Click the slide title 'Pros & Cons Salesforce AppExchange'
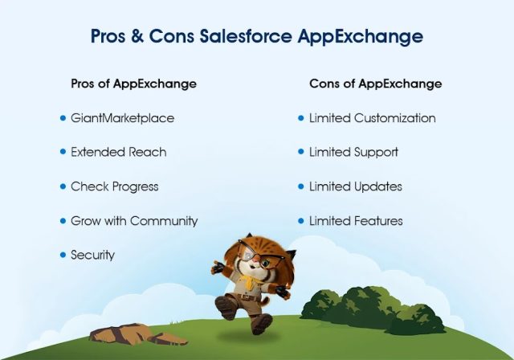pyautogui.click(x=256, y=37)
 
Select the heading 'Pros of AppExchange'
pyautogui.click(x=133, y=84)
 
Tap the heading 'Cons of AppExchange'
pyautogui.click(x=375, y=84)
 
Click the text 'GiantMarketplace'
pyautogui.click(x=122, y=118)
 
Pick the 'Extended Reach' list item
pyautogui.click(x=118, y=152)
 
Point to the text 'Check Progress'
pyautogui.click(x=114, y=186)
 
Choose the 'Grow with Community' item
pyautogui.click(x=133, y=221)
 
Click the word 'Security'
pyautogui.click(x=92, y=256)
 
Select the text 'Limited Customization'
pyautogui.click(x=372, y=118)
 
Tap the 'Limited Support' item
pyautogui.click(x=353, y=152)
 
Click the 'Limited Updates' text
pyautogui.click(x=355, y=186)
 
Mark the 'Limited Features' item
pyautogui.click(x=356, y=221)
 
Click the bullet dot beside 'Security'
pyautogui.click(x=63, y=255)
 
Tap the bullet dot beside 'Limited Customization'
pyautogui.click(x=301, y=118)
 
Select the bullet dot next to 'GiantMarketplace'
pyautogui.click(x=63, y=118)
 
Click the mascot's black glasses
pyautogui.click(x=258, y=256)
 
